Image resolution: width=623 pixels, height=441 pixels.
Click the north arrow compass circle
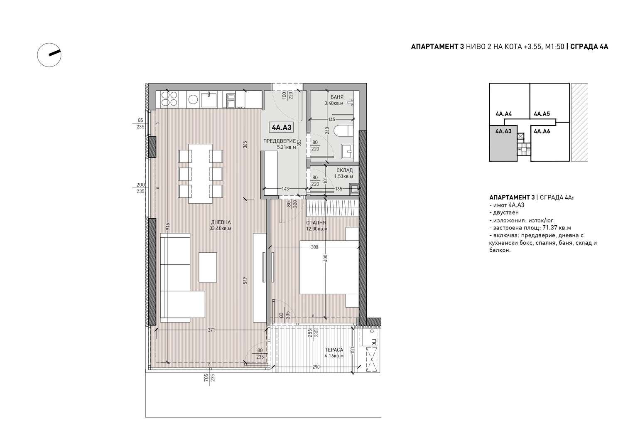pos(37,55)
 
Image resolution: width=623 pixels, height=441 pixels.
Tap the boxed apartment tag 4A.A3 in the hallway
pos(282,128)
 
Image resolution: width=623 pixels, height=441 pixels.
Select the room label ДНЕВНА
pos(221,222)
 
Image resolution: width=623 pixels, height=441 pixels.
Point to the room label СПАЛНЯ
pos(316,223)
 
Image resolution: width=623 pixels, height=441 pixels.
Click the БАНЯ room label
pos(337,97)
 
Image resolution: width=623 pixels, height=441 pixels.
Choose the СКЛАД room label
pos(344,170)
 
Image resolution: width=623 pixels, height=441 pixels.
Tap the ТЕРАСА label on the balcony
pos(334,350)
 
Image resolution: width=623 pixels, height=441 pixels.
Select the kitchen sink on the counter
pos(208,100)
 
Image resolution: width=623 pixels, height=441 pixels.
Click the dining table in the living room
pos(200,173)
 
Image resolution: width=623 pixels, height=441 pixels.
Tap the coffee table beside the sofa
pos(208,267)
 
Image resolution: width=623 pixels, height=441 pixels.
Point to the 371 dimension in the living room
pos(211,330)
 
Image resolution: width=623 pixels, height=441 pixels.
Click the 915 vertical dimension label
pos(168,227)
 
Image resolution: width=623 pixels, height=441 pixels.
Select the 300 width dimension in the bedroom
pos(314,247)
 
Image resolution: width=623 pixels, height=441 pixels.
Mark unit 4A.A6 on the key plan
pos(542,131)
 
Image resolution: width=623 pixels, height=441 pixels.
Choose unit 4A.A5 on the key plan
pos(542,113)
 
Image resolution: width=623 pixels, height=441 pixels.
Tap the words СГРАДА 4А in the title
pos(589,47)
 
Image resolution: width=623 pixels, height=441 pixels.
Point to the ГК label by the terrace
pos(374,342)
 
